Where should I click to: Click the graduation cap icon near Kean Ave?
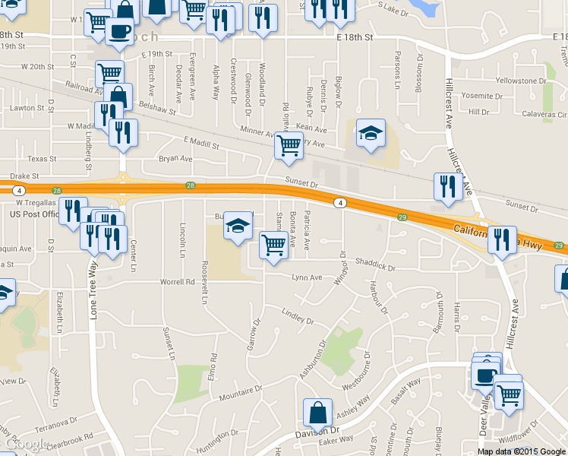coord(371,133)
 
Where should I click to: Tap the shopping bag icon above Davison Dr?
coord(317,413)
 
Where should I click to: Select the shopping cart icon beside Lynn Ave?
coord(273,245)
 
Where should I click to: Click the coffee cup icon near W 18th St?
coord(118,31)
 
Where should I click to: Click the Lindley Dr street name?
coord(297,313)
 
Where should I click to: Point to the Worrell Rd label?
coord(177,282)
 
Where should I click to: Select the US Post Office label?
coord(34,214)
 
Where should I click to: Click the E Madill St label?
coord(200,142)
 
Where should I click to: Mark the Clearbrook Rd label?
coord(69,439)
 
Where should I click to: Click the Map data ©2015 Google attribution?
coord(521,451)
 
